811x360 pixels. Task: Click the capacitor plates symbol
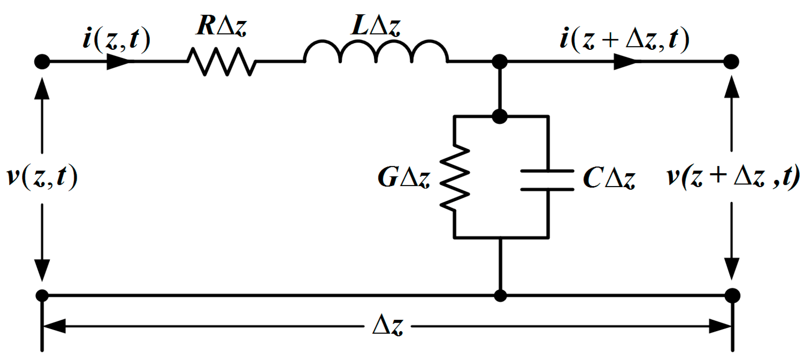point(547,180)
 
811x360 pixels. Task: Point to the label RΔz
point(221,26)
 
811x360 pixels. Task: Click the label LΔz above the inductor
point(376,26)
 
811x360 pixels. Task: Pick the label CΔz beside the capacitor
point(609,178)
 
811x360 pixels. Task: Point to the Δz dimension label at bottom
point(388,325)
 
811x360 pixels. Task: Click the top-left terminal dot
point(42,62)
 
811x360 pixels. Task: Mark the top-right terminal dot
point(731,62)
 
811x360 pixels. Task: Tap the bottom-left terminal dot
point(42,295)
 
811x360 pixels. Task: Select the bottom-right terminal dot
point(732,295)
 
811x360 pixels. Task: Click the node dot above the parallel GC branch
point(500,116)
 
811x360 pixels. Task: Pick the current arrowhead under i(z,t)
point(118,62)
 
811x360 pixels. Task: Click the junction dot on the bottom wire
point(500,296)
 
